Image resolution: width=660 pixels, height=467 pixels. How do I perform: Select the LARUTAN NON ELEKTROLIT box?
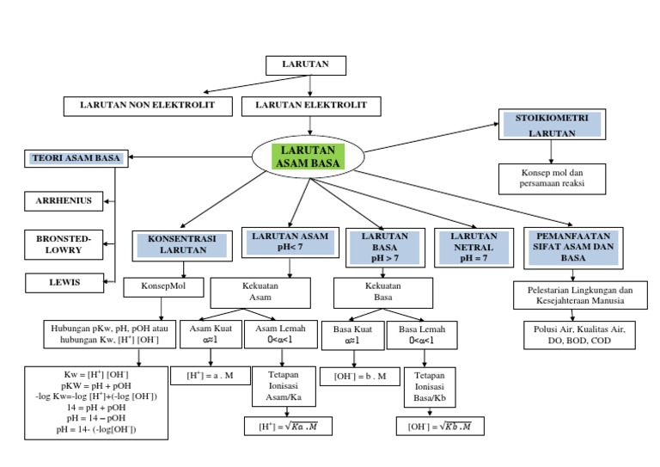149,106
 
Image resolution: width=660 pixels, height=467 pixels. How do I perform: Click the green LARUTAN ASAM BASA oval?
307,157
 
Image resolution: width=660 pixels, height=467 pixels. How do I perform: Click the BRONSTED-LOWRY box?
64,243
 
